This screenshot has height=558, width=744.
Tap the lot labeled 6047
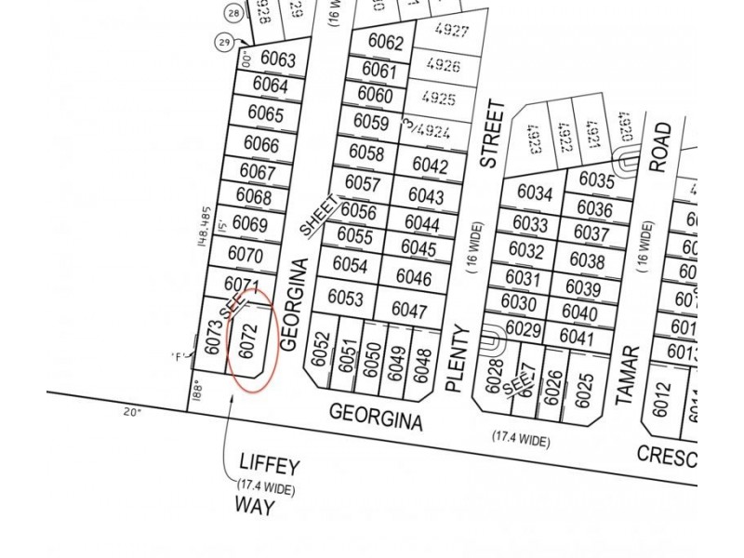click(x=408, y=311)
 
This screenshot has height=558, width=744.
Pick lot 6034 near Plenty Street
click(x=534, y=195)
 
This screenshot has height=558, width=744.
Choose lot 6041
click(x=578, y=339)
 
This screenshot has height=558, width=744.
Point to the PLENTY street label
click(x=455, y=357)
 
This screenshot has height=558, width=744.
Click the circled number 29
click(x=223, y=43)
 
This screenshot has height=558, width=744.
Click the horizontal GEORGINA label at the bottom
click(x=376, y=416)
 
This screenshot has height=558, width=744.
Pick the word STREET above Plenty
click(x=491, y=135)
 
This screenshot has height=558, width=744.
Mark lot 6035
click(x=596, y=179)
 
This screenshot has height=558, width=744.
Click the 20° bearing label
click(x=132, y=410)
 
